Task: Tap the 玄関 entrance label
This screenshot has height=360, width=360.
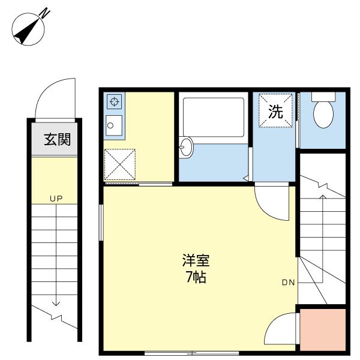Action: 57,140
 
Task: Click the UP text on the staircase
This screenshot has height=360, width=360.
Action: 56,198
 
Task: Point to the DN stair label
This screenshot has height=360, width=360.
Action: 288,283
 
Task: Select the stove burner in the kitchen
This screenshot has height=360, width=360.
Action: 114,101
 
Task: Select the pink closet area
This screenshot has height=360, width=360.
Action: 323,330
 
